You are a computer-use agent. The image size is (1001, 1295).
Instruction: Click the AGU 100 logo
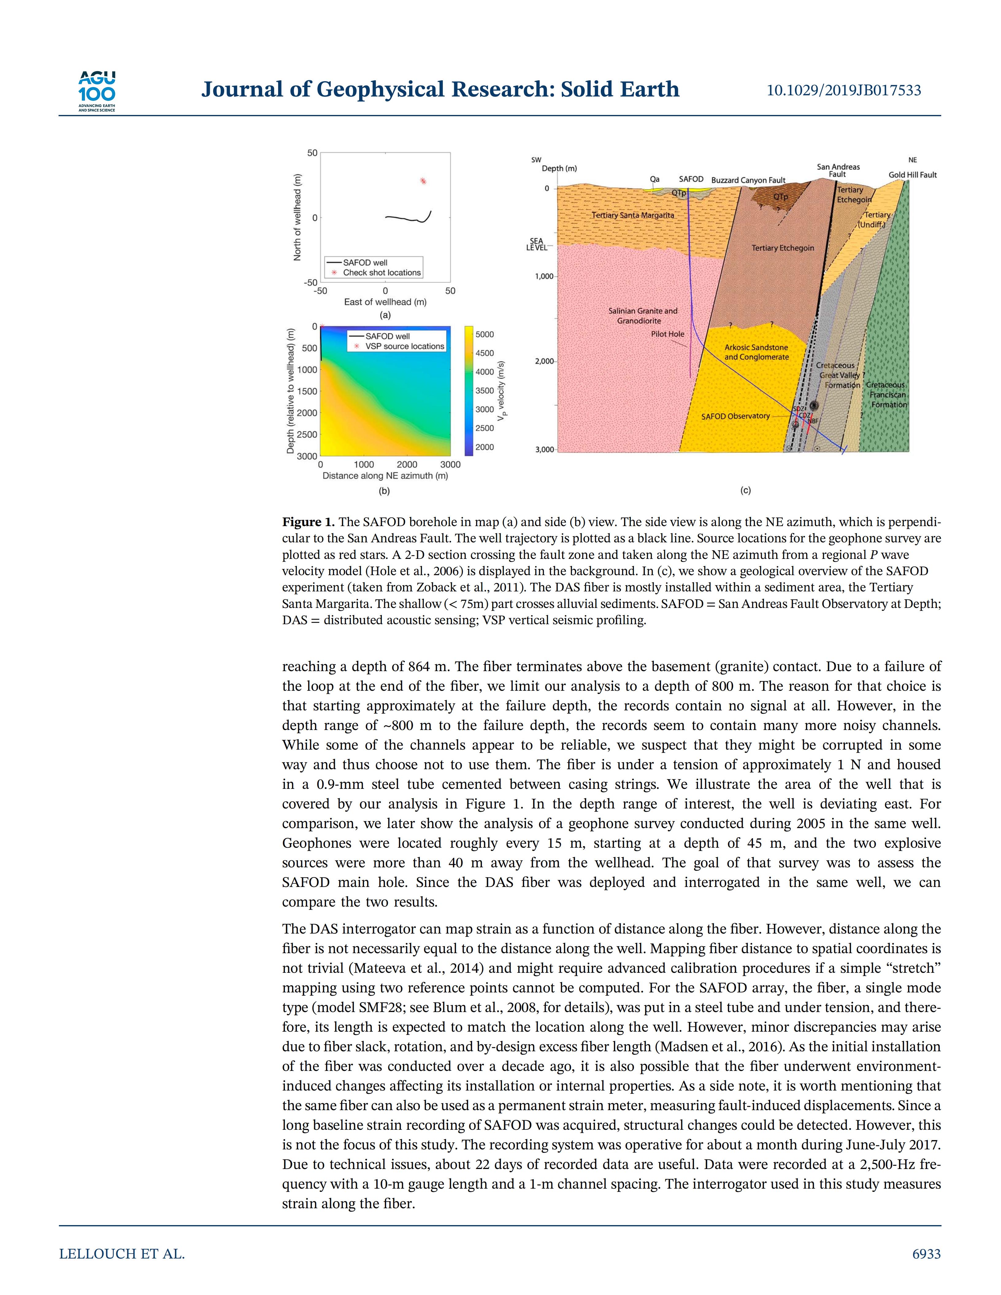(x=97, y=91)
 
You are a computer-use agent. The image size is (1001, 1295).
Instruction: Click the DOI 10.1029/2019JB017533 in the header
(x=844, y=90)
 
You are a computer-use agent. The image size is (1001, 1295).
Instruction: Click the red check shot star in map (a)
(x=423, y=181)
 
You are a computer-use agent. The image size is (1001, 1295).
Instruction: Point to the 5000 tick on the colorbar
(x=485, y=334)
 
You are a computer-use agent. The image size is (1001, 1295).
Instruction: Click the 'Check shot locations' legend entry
(x=381, y=273)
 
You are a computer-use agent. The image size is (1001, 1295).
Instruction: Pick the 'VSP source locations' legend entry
(x=405, y=346)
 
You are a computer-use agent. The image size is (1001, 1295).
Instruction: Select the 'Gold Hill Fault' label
(x=912, y=175)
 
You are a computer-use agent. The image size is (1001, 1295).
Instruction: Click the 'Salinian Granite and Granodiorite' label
(x=642, y=315)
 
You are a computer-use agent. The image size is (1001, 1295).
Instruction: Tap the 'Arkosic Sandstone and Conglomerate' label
(x=756, y=352)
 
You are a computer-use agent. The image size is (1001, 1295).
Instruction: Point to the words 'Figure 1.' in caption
(x=308, y=522)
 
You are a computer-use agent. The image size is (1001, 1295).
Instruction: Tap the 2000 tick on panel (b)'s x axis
(x=407, y=465)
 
